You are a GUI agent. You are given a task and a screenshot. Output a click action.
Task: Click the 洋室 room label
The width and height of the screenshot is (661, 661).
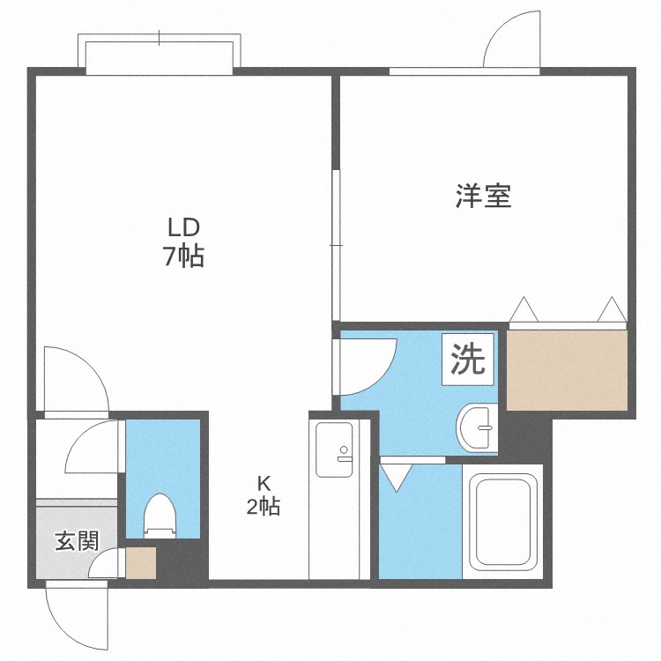click(x=483, y=196)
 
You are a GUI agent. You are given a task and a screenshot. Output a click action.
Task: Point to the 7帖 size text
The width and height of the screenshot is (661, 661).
click(x=183, y=256)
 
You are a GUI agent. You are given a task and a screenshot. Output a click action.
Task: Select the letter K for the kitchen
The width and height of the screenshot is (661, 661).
click(x=263, y=483)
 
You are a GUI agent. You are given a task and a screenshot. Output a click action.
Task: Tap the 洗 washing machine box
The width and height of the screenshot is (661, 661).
click(x=468, y=360)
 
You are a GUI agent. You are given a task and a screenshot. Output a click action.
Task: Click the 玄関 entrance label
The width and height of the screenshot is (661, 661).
click(x=76, y=540)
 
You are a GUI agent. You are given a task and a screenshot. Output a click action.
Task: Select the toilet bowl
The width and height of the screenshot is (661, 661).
click(x=160, y=516)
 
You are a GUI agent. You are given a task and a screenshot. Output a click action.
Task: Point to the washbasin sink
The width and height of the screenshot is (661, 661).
click(x=478, y=429)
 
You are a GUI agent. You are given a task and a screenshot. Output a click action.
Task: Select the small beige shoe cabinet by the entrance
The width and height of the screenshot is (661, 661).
click(x=141, y=562)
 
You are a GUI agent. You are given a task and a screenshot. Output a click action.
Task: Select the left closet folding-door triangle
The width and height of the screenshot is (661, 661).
click(x=524, y=310)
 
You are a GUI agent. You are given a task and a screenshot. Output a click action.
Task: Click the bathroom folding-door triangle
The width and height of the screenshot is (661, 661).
click(x=396, y=477)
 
